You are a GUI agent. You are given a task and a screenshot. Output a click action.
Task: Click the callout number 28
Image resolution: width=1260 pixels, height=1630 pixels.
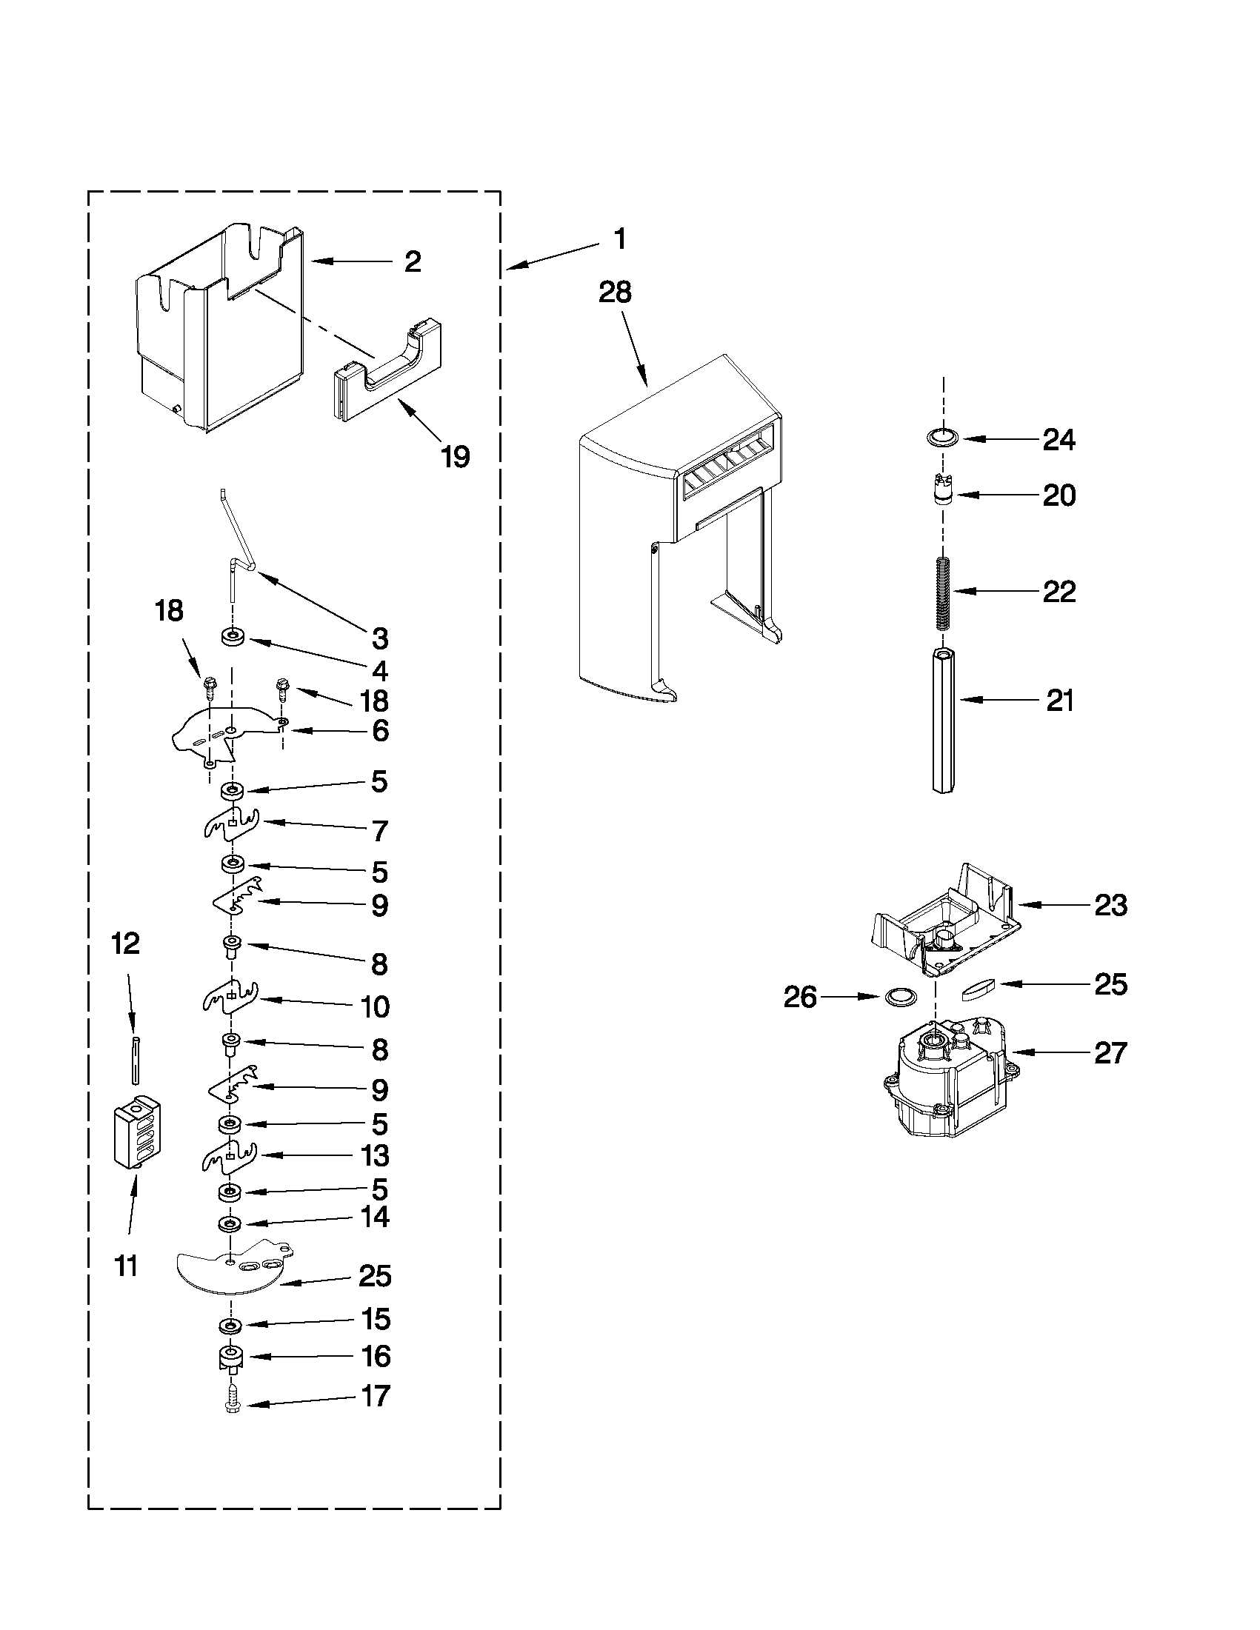(614, 292)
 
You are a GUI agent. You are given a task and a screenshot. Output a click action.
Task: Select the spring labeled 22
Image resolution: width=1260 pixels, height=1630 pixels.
(944, 592)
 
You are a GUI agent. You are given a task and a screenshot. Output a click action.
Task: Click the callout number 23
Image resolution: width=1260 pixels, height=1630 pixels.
(1110, 905)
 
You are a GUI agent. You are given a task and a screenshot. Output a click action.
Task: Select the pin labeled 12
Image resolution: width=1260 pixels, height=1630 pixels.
(135, 1059)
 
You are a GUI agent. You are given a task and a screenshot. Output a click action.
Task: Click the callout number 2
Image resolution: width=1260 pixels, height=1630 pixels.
(412, 261)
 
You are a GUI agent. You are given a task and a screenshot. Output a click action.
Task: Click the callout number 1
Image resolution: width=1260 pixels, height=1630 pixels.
(619, 239)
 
